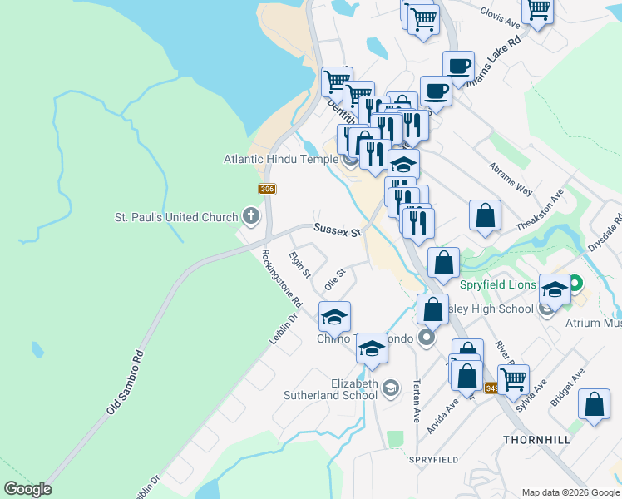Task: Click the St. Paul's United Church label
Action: (175, 218)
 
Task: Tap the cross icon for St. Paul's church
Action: (251, 217)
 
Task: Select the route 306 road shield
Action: (267, 190)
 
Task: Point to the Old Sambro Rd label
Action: (126, 383)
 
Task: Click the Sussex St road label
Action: (336, 230)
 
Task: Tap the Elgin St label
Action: (299, 264)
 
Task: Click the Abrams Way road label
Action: (511, 178)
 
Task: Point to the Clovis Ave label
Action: (500, 17)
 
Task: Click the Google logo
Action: (27, 488)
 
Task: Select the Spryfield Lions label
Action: (496, 284)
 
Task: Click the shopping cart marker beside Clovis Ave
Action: (537, 11)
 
